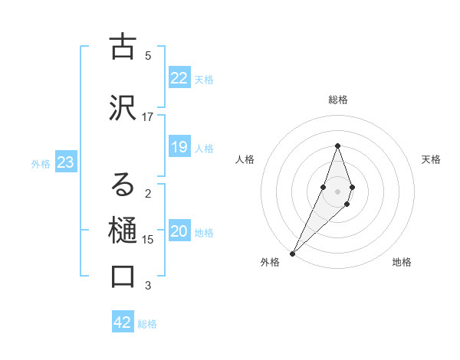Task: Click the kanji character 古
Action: click(x=123, y=47)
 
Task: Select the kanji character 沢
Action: click(x=123, y=109)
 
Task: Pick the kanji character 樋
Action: click(x=123, y=230)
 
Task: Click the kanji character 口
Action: click(x=123, y=277)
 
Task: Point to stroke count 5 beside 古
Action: click(x=148, y=56)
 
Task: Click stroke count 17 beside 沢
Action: click(x=148, y=117)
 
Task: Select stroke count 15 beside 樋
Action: click(x=148, y=240)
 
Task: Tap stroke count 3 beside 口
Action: click(x=148, y=286)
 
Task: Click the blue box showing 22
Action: click(x=179, y=78)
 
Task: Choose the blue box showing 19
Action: click(x=179, y=147)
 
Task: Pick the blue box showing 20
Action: click(x=179, y=231)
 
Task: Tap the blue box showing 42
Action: click(x=123, y=322)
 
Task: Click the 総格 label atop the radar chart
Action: click(x=337, y=100)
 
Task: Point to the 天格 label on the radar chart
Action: click(x=431, y=159)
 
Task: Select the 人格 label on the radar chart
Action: click(x=245, y=159)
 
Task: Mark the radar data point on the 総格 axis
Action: click(x=337, y=146)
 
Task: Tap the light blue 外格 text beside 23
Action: click(x=41, y=163)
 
